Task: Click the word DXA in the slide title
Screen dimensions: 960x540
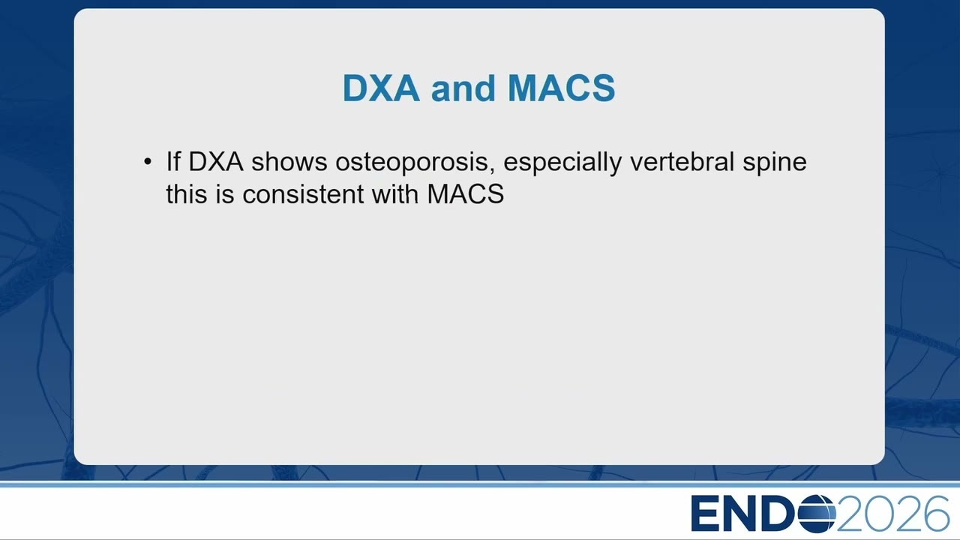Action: pyautogui.click(x=381, y=88)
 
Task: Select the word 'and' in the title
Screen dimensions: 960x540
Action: pyautogui.click(x=463, y=88)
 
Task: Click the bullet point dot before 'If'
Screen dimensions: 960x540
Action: pyautogui.click(x=148, y=162)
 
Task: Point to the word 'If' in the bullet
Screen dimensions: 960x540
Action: pyautogui.click(x=173, y=161)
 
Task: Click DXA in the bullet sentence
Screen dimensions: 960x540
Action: pyautogui.click(x=215, y=161)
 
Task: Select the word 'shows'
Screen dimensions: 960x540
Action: pyautogui.click(x=289, y=161)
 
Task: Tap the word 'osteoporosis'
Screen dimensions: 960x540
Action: pyautogui.click(x=412, y=163)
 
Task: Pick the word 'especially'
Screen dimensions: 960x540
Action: pyautogui.click(x=562, y=163)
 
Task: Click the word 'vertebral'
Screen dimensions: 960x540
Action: pyautogui.click(x=682, y=161)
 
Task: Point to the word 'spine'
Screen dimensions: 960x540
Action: pyautogui.click(x=775, y=163)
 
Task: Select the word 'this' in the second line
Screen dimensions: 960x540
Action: pyautogui.click(x=187, y=193)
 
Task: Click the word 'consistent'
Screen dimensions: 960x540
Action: pyautogui.click(x=303, y=193)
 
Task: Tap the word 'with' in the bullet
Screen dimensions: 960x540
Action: pyautogui.click(x=394, y=193)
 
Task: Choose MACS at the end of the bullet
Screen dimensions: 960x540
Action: pyautogui.click(x=466, y=193)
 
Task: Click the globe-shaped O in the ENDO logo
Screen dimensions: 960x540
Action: pyautogui.click(x=817, y=514)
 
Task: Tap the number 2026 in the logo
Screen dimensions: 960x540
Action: pyautogui.click(x=892, y=514)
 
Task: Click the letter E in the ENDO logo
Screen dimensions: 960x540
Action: pyautogui.click(x=705, y=514)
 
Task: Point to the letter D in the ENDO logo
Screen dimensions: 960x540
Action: pyautogui.click(x=778, y=514)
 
